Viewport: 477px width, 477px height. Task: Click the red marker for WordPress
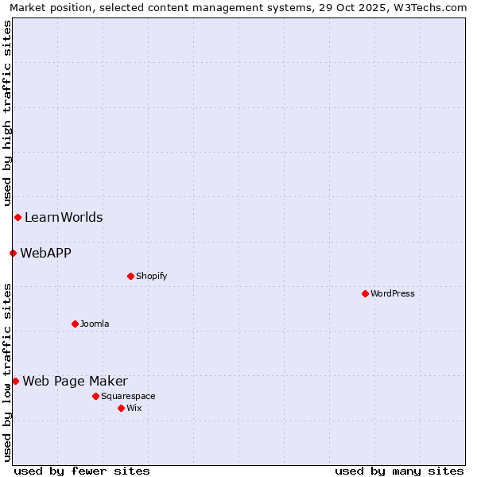365,293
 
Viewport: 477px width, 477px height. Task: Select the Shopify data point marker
130,276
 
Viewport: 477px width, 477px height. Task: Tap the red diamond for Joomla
75,324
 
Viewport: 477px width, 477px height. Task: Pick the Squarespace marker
95,396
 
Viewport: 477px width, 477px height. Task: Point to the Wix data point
121,408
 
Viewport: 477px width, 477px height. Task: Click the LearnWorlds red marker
17,217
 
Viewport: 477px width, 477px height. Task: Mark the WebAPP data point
13,253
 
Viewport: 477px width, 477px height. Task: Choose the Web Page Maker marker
15,381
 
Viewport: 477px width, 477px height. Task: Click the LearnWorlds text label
64,217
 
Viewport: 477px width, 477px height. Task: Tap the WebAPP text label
45,253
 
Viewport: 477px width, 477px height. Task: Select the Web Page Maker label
75,381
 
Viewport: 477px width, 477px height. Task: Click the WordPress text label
393,293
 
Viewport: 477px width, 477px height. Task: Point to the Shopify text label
151,276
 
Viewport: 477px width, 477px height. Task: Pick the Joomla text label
95,324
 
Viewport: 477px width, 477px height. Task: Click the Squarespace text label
128,396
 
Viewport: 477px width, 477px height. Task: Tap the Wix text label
134,408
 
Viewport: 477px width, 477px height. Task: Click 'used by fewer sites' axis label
82,471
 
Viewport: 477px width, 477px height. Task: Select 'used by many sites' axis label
399,471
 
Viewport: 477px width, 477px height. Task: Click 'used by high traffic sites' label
7,113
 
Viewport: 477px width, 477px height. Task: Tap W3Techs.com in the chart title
434,7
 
